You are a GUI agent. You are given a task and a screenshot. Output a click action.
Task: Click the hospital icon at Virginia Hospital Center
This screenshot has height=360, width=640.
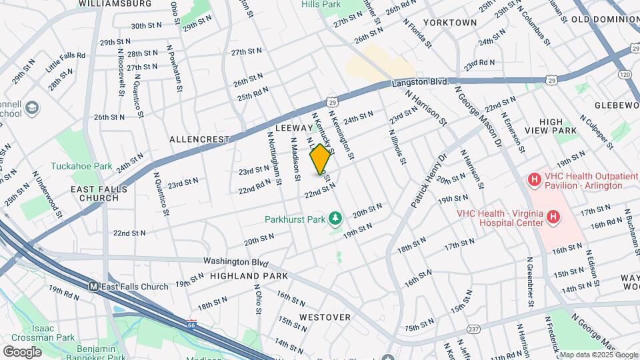click(553, 217)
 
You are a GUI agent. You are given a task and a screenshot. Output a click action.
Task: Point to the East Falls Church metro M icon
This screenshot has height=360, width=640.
click(95, 287)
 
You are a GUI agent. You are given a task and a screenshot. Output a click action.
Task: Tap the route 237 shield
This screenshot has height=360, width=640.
click(473, 329)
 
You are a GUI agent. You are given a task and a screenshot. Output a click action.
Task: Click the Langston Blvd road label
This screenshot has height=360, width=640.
click(420, 81)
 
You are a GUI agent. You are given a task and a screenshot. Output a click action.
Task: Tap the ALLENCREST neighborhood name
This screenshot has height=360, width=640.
click(199, 139)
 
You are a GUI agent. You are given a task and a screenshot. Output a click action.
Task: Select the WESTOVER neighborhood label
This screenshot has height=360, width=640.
click(325, 317)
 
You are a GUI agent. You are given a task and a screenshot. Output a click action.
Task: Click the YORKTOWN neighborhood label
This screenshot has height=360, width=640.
click(450, 23)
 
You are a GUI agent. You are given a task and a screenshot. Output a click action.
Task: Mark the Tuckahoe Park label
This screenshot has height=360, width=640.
click(82, 165)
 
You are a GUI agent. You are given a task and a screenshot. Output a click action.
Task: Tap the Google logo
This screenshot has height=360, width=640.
click(22, 351)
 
